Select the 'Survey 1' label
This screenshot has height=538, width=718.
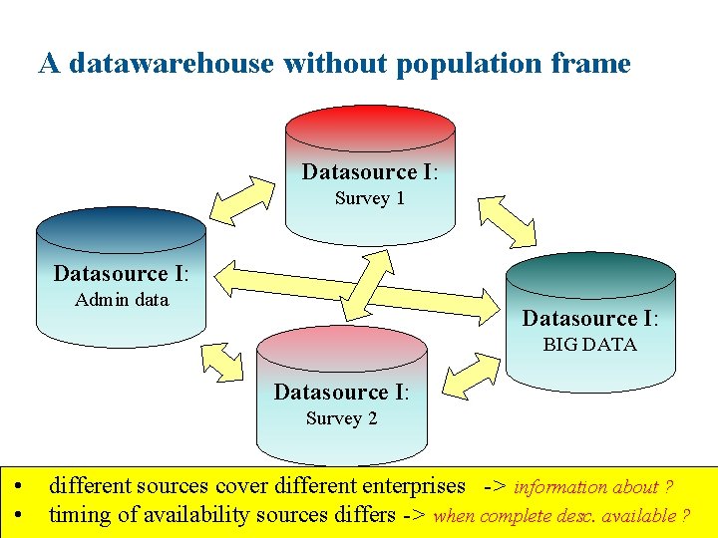pos(369,198)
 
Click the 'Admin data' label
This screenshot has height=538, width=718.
pos(122,300)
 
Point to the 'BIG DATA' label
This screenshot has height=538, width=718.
pos(589,345)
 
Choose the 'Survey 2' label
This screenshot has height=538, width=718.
pos(341,418)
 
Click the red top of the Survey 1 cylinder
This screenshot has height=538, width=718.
pos(370,125)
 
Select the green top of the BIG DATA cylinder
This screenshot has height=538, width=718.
pos(590,272)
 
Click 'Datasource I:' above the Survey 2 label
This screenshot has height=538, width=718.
pos(341,392)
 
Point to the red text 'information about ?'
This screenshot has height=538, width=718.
pos(592,487)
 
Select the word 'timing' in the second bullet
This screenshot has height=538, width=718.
pos(79,515)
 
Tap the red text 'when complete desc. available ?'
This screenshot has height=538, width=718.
pos(561,516)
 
